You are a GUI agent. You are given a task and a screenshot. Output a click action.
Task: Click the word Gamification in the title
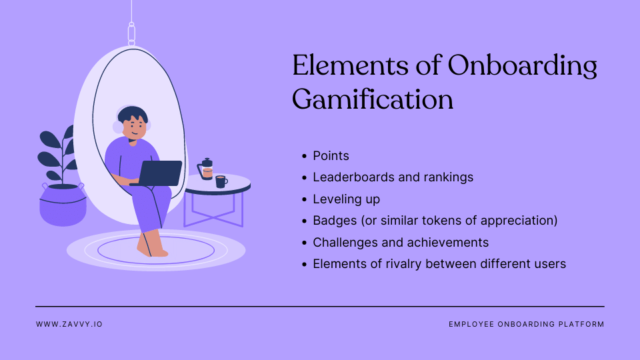click(373, 99)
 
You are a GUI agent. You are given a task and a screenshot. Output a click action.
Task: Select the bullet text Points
click(331, 156)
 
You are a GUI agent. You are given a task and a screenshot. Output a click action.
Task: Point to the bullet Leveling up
click(346, 199)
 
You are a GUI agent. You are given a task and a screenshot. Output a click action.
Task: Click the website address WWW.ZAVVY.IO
click(69, 324)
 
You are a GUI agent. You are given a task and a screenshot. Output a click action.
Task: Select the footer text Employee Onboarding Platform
click(526, 324)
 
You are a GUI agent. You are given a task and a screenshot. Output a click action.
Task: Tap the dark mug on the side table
click(221, 181)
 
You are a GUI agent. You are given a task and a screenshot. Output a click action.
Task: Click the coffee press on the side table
click(207, 170)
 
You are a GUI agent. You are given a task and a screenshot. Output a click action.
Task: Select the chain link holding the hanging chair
click(131, 33)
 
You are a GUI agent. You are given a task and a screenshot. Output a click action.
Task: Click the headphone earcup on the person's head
click(119, 127)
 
